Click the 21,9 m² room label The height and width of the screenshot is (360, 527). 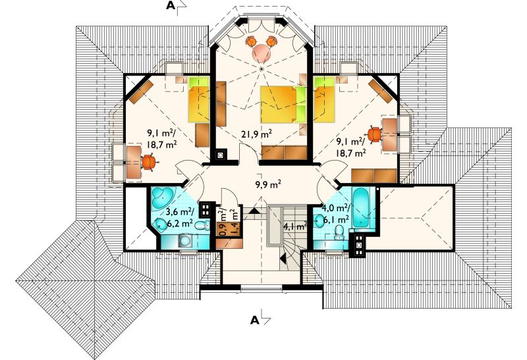(256, 134)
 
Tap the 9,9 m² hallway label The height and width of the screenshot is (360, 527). (268, 184)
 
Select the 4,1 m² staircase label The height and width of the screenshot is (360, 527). (295, 226)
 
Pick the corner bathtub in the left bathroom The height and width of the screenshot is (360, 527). (161, 198)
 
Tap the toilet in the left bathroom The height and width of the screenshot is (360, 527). (202, 225)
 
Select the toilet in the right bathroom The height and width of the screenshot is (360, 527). (339, 233)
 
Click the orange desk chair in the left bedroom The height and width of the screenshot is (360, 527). (150, 162)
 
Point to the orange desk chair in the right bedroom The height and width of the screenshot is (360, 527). (375, 134)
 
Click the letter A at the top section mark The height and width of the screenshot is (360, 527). (171, 6)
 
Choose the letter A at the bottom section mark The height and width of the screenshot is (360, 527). (255, 321)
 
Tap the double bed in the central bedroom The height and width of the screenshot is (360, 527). (283, 104)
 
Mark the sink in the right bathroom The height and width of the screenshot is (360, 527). (319, 220)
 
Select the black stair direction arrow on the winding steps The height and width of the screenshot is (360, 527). (283, 258)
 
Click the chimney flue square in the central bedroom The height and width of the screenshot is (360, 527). (221, 155)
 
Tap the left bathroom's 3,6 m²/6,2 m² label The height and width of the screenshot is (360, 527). (179, 217)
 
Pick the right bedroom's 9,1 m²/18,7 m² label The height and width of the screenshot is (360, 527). (351, 147)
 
